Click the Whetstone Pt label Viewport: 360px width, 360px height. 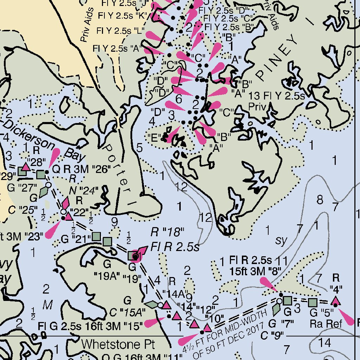point(118,344)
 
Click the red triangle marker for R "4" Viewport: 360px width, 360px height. point(336,301)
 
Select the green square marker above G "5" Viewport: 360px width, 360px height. point(312,302)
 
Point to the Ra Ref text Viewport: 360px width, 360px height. point(326,323)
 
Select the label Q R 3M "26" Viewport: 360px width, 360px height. point(82,169)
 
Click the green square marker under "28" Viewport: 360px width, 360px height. point(41,174)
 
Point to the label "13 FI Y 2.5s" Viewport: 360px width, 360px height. point(276,96)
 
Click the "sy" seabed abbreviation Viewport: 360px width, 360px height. point(281,240)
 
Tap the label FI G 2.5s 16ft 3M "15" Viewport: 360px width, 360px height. point(91,325)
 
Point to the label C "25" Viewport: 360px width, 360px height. point(23,210)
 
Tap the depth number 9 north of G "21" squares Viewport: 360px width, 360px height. point(114,222)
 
